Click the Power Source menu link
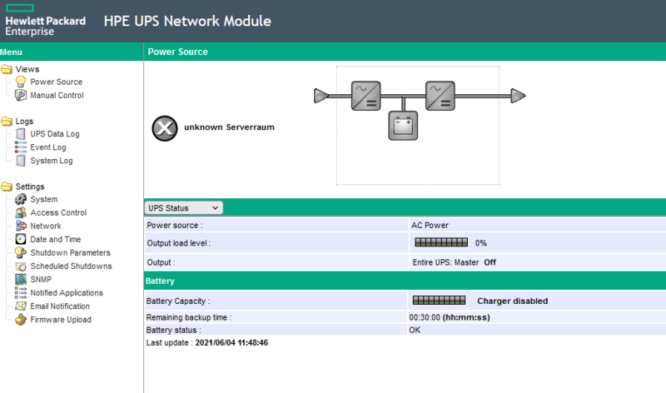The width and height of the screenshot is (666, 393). pos(56,82)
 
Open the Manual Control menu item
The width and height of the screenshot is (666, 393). pos(57,95)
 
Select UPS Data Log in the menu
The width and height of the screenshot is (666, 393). pos(54,133)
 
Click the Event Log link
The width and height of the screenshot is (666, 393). pos(47,147)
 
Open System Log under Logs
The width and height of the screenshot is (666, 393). pos(52,160)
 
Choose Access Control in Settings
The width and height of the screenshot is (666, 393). pos(58,212)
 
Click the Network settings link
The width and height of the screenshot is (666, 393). pos(46,226)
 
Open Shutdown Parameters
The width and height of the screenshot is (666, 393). pos(70,252)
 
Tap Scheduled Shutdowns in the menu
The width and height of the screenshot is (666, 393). pos(71,266)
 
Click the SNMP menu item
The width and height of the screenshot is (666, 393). pos(41,279)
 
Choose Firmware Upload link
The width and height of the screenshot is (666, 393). pos(61,319)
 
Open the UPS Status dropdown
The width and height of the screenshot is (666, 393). pos(183,207)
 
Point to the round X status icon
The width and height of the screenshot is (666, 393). pos(165,128)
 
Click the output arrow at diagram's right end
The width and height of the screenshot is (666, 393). pos(518,97)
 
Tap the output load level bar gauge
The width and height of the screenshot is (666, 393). pos(440,243)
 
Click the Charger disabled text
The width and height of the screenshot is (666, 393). pos(512,301)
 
